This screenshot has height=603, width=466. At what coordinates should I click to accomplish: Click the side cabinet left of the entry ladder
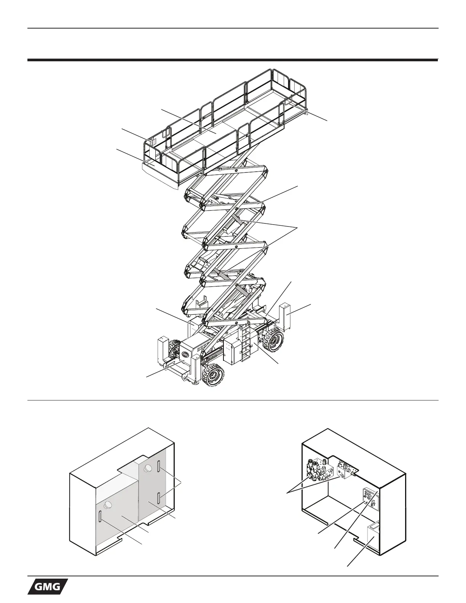pyautogui.click(x=233, y=349)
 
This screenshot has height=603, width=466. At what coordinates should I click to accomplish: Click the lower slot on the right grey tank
pyautogui.click(x=158, y=497)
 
